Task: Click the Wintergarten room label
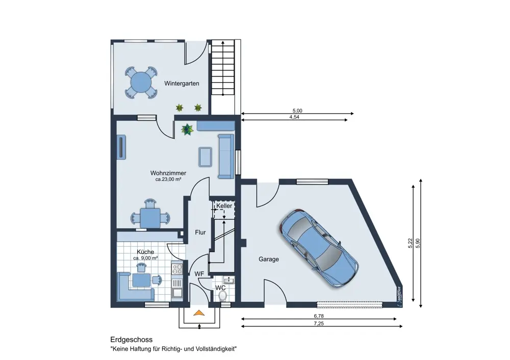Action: [x=182, y=83]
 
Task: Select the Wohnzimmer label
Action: [x=168, y=173]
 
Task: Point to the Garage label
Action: [x=269, y=259]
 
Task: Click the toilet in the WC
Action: [x=223, y=296]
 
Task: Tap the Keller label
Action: [x=224, y=206]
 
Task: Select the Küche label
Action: [x=145, y=252]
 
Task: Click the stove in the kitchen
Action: [x=177, y=269]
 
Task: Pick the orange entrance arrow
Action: [x=199, y=313]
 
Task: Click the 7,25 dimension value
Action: [x=319, y=324]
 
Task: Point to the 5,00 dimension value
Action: [x=297, y=111]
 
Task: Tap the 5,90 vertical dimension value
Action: [x=418, y=243]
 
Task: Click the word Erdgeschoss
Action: [x=132, y=340]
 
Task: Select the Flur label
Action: [x=200, y=233]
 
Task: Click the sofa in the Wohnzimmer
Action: [x=226, y=157]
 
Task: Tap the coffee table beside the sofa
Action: [x=205, y=157]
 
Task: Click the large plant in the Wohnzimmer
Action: [x=187, y=129]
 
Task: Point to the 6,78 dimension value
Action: [x=319, y=316]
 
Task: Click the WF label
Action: [x=199, y=274]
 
